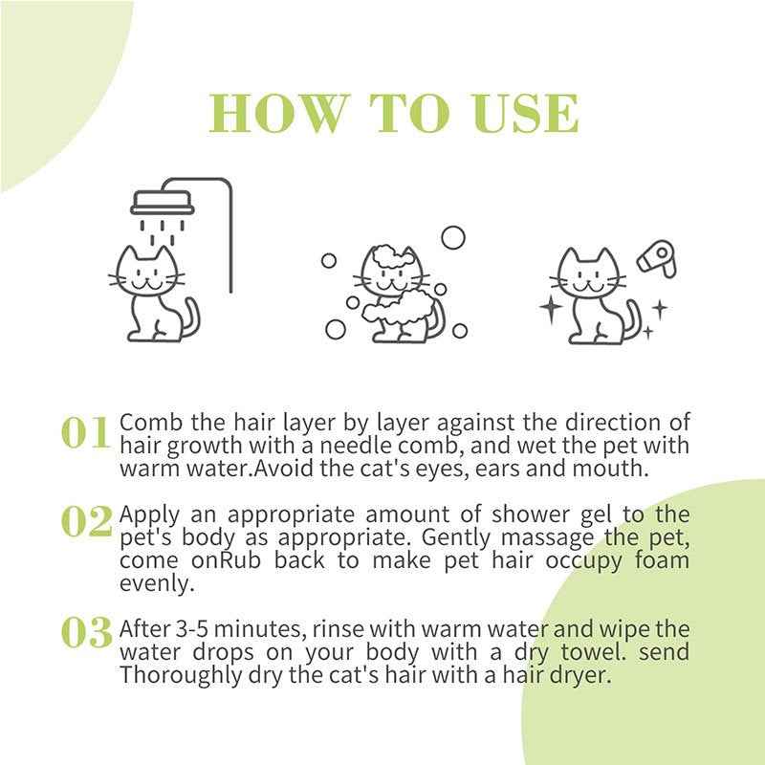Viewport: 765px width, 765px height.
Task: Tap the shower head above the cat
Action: [163, 202]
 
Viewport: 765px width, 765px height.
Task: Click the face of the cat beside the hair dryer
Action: [586, 279]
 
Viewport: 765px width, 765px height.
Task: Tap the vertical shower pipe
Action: [229, 239]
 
